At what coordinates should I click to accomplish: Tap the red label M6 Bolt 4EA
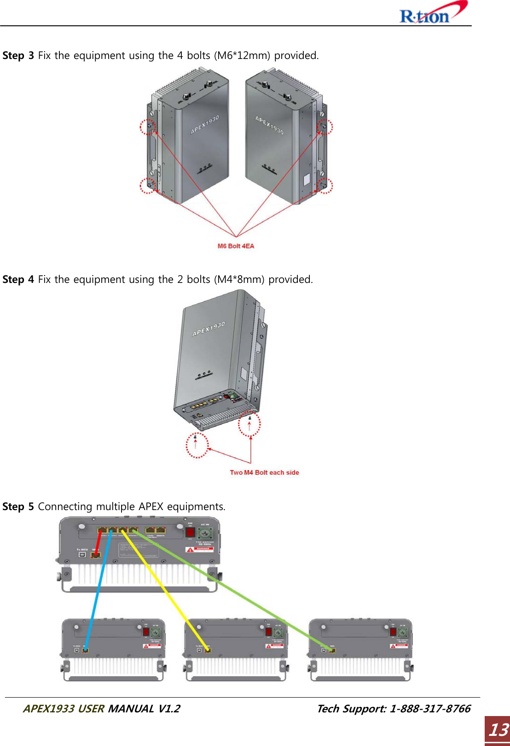[236, 246]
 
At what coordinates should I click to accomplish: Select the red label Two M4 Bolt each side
[264, 472]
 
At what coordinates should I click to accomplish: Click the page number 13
[498, 730]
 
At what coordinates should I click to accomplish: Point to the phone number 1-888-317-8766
[430, 709]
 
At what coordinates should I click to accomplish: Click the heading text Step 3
[18, 56]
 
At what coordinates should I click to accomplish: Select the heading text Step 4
[18, 280]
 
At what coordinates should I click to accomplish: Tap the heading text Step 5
[18, 507]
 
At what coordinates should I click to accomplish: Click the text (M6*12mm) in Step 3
[243, 56]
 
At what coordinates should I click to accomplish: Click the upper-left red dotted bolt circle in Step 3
[148, 126]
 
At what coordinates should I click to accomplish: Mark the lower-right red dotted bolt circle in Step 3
[325, 185]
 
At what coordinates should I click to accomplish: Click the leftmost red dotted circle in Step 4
[197, 446]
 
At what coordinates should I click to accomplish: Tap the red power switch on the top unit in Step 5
[190, 533]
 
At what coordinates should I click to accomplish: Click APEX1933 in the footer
[49, 709]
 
